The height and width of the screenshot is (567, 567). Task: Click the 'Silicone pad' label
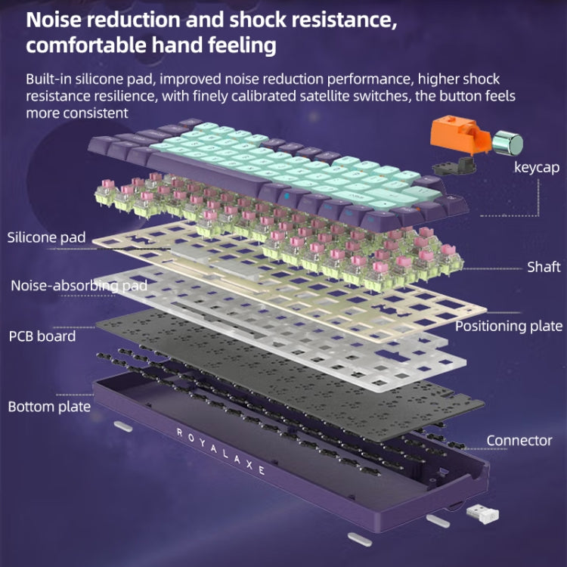tap(47, 237)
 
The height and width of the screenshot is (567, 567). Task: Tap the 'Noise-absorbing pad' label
tap(79, 286)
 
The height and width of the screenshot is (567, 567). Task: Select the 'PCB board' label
tap(42, 336)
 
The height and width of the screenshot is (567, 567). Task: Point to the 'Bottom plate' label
tap(49, 407)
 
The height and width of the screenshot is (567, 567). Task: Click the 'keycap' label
tap(536, 168)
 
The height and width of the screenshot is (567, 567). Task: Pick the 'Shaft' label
tap(544, 267)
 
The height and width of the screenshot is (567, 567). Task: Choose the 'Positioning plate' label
tap(508, 326)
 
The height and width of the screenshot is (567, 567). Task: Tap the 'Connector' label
tap(519, 440)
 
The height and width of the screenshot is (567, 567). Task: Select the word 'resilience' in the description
tap(123, 96)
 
